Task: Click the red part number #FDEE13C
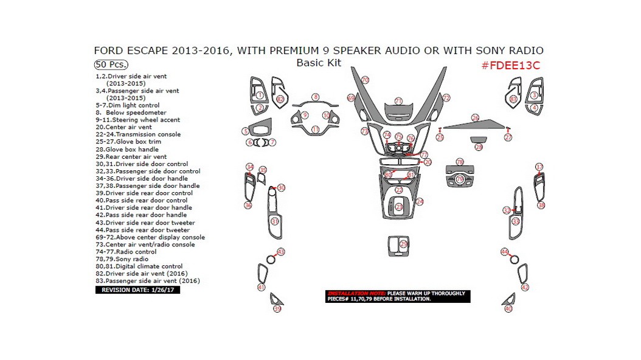click(510, 66)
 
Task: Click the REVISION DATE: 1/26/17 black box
click(137, 290)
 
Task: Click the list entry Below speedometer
click(131, 112)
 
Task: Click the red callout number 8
click(316, 97)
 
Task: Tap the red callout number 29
click(403, 244)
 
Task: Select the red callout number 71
click(398, 101)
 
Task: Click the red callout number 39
click(277, 309)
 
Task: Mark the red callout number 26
click(475, 117)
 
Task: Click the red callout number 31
click(275, 221)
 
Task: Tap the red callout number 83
click(513, 99)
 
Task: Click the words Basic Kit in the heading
click(319, 63)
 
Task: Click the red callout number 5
click(245, 131)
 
